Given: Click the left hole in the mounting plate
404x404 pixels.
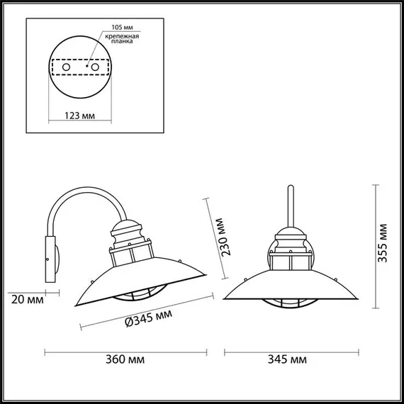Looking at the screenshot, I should pyautogui.click(x=66, y=66).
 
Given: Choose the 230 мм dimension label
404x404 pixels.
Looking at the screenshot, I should pyautogui.click(x=222, y=240).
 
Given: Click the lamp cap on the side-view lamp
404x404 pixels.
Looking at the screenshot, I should pyautogui.click(x=128, y=230).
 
